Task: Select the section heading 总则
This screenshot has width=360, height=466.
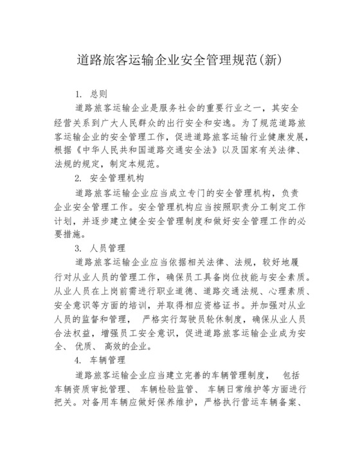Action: point(99,94)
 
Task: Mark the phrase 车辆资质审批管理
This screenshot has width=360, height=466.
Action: point(94,389)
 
